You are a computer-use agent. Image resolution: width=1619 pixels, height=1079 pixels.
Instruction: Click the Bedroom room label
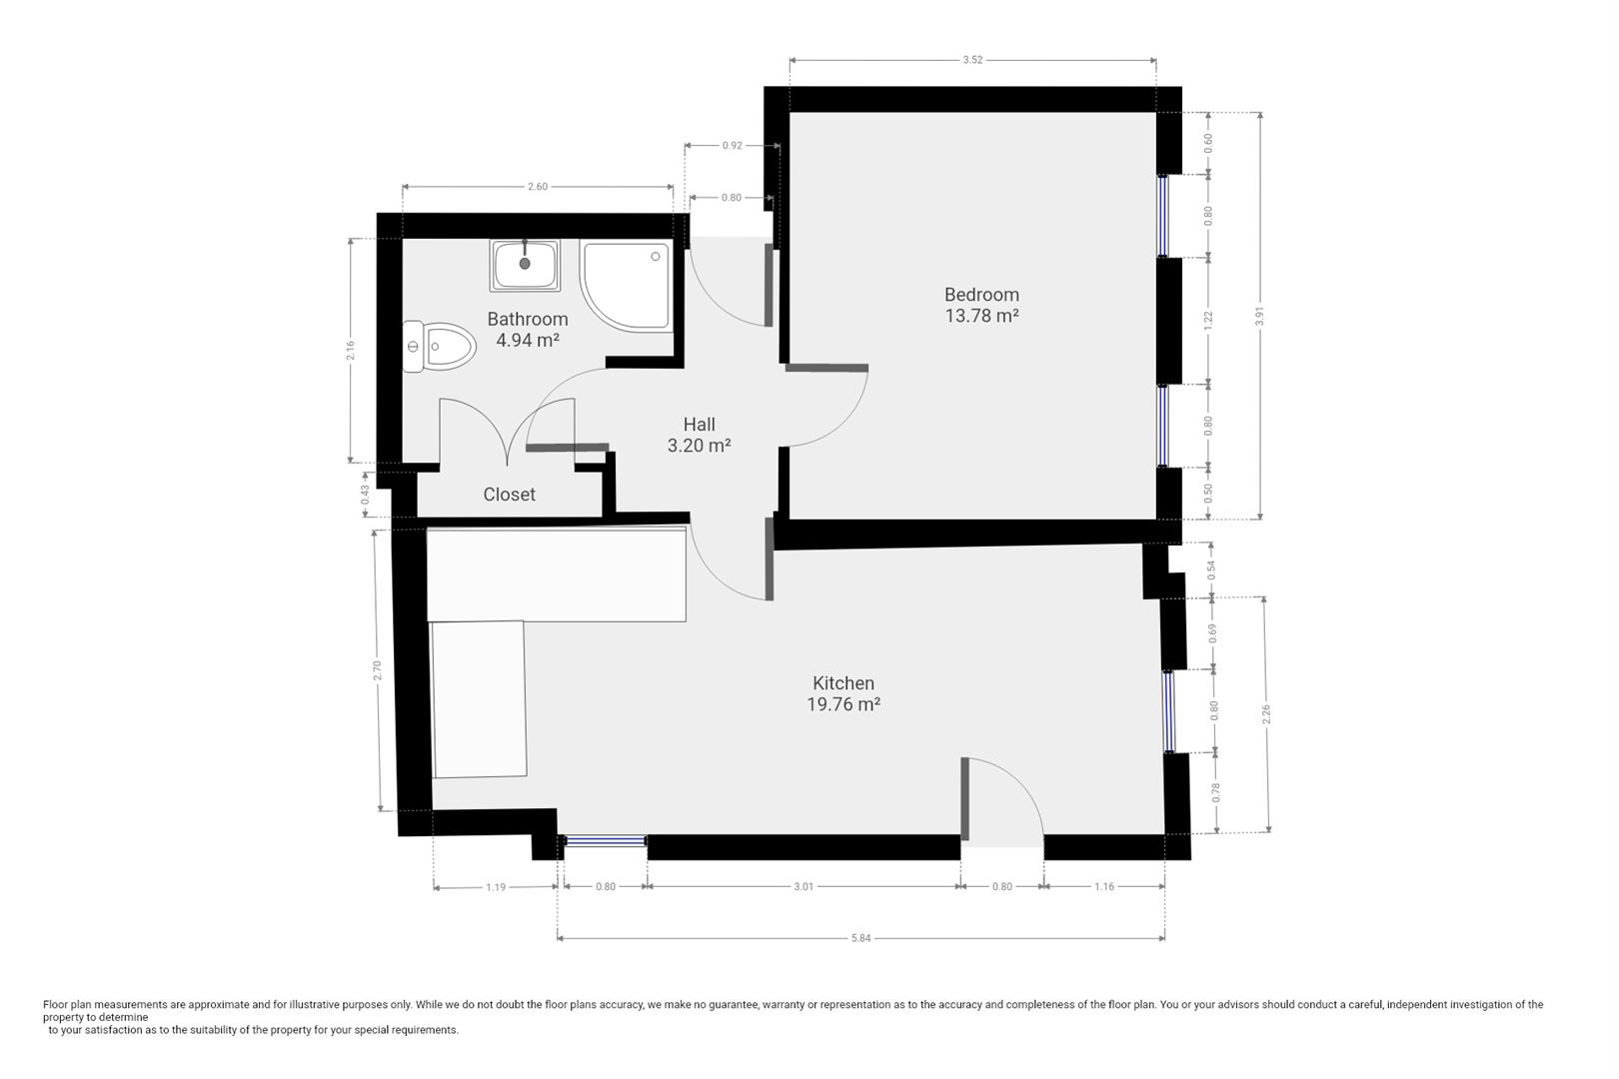981,295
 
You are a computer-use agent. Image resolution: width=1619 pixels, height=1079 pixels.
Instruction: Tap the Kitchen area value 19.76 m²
843,704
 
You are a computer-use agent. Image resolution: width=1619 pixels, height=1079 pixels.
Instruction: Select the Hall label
699,425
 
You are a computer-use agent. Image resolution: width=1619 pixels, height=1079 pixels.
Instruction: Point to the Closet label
509,495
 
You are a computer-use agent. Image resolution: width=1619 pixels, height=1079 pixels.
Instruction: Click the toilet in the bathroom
439,347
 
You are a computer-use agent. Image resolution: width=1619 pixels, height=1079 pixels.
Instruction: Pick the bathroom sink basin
525,265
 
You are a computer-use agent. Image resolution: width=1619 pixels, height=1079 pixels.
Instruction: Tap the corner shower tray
627,287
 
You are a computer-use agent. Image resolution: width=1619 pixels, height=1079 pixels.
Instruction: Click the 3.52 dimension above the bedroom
972,60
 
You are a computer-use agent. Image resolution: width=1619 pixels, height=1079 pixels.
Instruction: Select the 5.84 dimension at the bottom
860,938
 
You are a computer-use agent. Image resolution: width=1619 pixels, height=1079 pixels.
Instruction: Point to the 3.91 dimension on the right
1260,317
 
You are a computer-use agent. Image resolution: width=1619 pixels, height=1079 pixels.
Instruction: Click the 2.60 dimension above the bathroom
537,187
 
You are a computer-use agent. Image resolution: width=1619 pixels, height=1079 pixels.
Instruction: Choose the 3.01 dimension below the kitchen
803,886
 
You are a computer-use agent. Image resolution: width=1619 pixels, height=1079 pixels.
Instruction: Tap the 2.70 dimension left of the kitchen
377,670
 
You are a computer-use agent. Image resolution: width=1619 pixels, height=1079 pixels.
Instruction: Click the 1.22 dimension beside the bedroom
1207,320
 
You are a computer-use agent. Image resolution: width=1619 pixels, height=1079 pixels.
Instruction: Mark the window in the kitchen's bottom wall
605,840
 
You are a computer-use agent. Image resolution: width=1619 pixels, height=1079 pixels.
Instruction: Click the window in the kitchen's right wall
1168,712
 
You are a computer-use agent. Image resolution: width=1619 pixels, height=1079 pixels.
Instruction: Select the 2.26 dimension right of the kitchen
1265,714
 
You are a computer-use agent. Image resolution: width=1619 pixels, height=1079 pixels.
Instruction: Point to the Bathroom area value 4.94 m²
528,340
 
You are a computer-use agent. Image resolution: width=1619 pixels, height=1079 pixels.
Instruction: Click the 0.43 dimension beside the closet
365,495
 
